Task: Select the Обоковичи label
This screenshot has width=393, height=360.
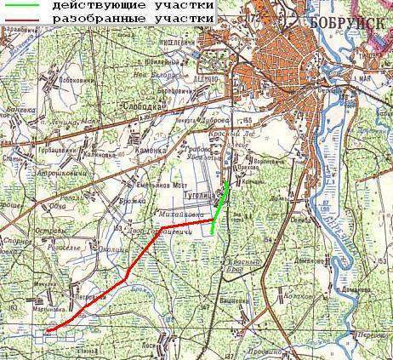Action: pos(77,81)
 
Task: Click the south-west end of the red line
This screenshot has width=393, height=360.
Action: pos(48,331)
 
